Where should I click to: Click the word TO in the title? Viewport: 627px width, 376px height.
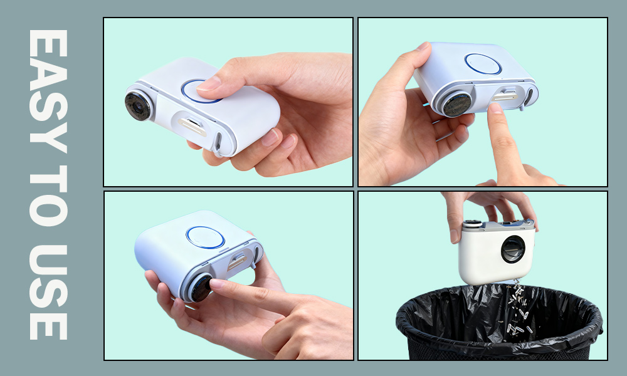pyautogui.click(x=48, y=196)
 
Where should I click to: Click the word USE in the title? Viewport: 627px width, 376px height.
pyautogui.click(x=48, y=291)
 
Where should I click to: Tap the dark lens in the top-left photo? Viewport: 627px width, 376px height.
pyautogui.click(x=138, y=107)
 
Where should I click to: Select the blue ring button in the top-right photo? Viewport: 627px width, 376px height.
pyautogui.click(x=483, y=63)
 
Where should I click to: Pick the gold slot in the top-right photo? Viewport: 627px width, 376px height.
pyautogui.click(x=505, y=97)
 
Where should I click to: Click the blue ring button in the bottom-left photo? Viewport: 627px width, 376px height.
pyautogui.click(x=205, y=238)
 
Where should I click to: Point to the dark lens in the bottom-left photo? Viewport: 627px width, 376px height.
pyautogui.click(x=201, y=288)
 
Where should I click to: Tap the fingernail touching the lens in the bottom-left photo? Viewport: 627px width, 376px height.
pyautogui.click(x=218, y=284)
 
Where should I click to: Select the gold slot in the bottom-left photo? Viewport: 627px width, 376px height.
pyautogui.click(x=237, y=262)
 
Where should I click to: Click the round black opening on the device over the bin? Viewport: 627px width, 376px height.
pyautogui.click(x=513, y=249)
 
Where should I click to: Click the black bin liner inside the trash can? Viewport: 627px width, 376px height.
pyautogui.click(x=499, y=320)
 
